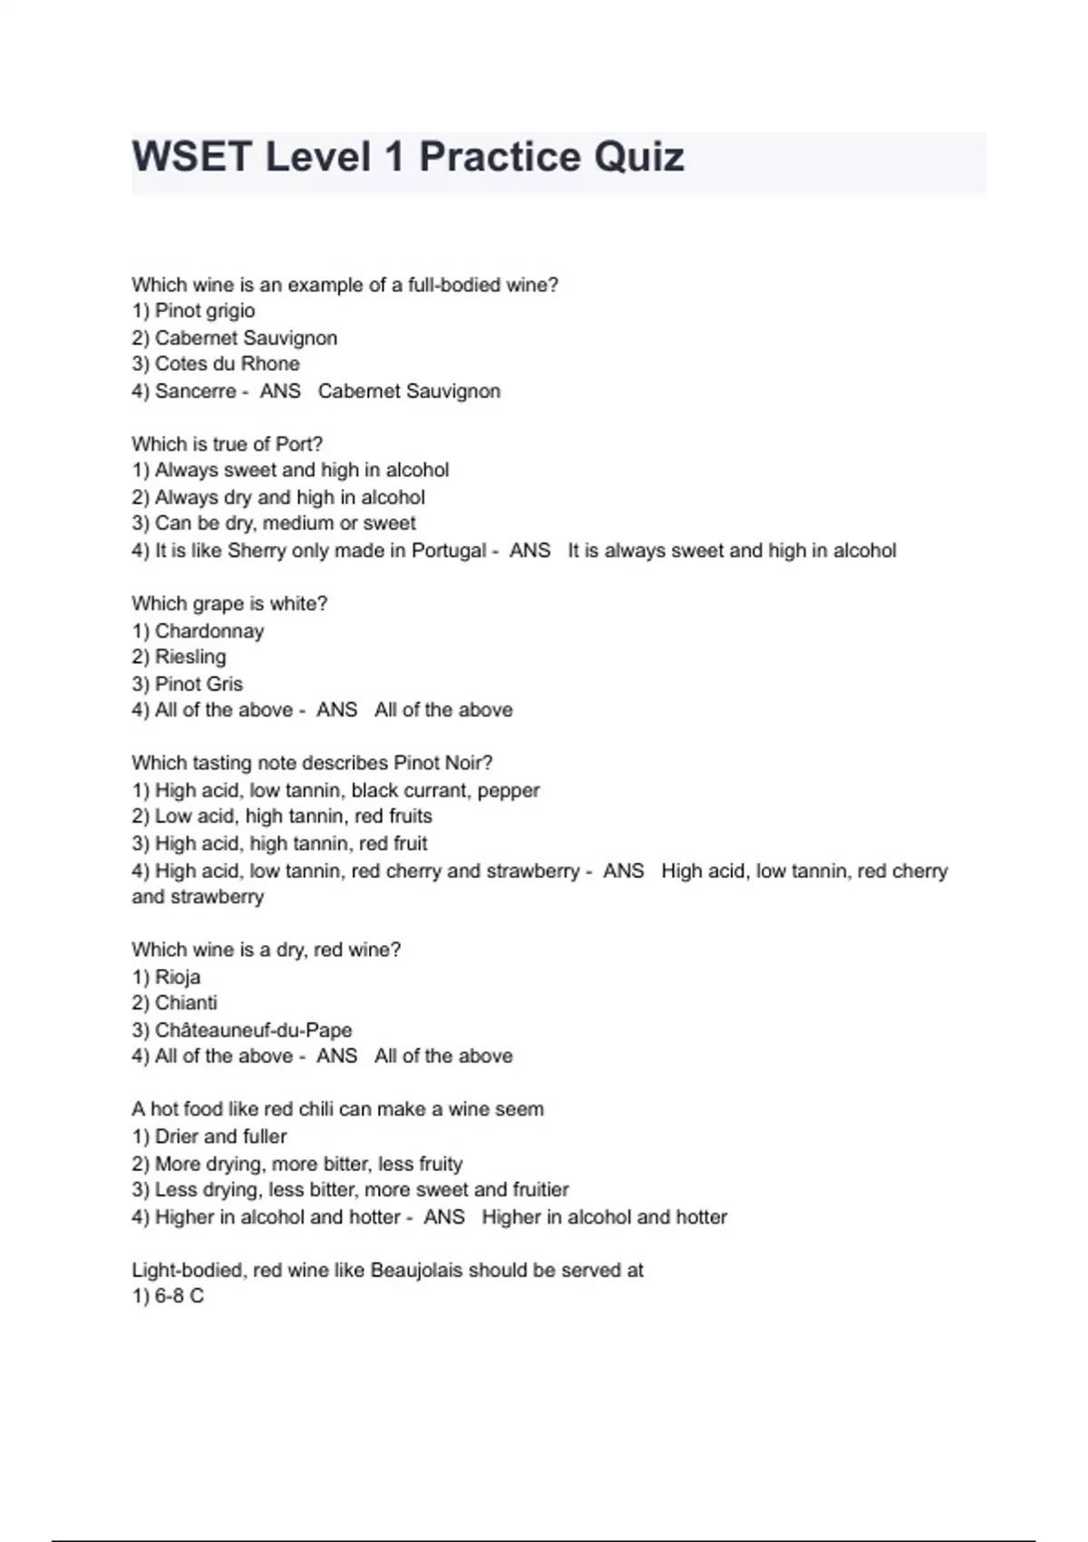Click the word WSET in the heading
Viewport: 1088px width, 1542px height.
click(191, 157)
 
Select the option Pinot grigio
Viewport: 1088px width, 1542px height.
click(204, 310)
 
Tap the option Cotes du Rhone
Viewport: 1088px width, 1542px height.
click(227, 364)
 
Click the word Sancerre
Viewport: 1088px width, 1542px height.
click(195, 391)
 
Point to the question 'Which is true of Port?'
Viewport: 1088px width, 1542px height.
click(227, 444)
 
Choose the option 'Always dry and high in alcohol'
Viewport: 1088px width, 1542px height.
click(289, 497)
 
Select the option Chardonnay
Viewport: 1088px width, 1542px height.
click(209, 630)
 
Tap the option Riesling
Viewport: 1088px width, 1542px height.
click(190, 657)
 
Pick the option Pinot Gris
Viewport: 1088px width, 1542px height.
click(199, 684)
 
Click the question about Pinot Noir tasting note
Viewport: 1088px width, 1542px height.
click(312, 763)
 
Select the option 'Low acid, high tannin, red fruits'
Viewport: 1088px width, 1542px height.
click(293, 815)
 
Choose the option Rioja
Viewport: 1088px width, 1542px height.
click(178, 977)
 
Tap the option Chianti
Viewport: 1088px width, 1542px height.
click(186, 1002)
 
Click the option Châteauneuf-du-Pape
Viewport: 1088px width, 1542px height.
click(253, 1030)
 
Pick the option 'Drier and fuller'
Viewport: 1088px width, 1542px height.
click(220, 1137)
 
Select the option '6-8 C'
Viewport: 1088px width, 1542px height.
click(179, 1296)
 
